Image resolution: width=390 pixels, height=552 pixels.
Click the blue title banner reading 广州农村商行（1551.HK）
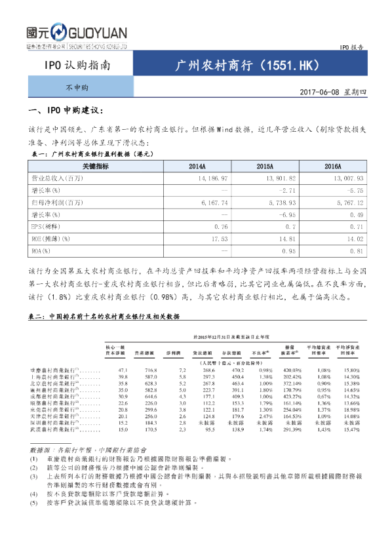click(249, 66)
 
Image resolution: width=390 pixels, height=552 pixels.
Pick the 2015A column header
click(265, 167)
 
